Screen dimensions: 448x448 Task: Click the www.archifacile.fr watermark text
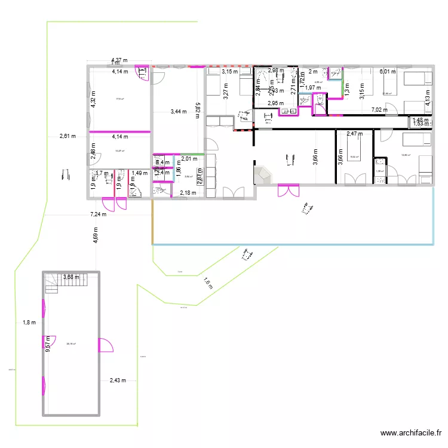point(410,434)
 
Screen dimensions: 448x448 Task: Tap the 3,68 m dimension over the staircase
point(72,277)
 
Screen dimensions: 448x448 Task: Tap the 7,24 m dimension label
point(99,214)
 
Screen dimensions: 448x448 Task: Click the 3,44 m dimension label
point(179,112)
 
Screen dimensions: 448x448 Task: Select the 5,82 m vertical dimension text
point(197,111)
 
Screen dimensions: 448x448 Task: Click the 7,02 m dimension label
point(379,110)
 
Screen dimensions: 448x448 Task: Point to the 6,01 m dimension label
point(388,72)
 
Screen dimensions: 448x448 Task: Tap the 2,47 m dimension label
point(355,134)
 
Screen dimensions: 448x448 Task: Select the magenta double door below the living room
point(288,190)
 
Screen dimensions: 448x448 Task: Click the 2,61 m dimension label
point(67,136)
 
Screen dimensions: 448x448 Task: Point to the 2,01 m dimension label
point(189,159)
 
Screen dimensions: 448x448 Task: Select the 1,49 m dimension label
point(140,173)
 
